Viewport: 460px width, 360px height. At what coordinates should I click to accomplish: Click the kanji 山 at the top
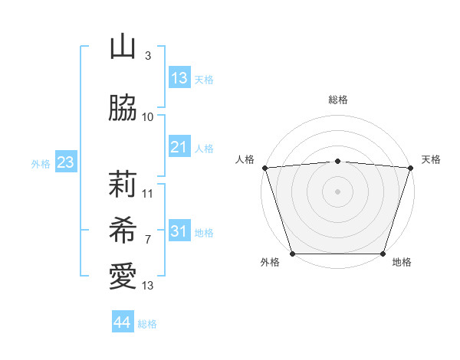coord(123,47)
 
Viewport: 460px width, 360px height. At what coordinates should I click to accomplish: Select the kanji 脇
coord(123,109)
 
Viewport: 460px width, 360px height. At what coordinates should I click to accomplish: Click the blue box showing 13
coord(179,78)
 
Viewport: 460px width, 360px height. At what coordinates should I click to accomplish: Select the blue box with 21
coord(179,147)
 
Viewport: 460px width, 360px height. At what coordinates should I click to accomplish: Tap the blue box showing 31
coord(179,231)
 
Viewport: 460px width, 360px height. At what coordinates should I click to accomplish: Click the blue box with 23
coord(65,162)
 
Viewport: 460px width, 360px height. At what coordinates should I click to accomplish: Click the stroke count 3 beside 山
coord(147,56)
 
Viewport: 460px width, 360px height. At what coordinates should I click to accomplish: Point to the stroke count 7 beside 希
coord(147,240)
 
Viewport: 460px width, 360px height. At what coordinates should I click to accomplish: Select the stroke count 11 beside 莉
coord(148,194)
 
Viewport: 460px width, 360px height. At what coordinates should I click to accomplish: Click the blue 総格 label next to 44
coord(147,324)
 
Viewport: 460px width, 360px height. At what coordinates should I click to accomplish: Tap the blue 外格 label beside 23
coord(41,164)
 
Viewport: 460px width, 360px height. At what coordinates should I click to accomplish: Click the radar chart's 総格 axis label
coord(337,100)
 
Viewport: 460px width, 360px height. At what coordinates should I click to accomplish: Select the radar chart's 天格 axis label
coord(432,159)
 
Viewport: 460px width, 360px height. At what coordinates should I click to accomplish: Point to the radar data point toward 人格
coord(264,168)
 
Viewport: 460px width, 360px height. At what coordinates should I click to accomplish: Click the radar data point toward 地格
coord(383,254)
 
